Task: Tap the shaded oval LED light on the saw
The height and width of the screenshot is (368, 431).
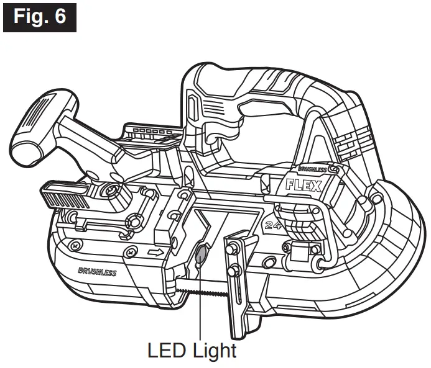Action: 201,254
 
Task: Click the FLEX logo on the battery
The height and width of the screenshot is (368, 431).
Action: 302,186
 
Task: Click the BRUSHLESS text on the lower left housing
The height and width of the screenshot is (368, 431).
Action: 98,272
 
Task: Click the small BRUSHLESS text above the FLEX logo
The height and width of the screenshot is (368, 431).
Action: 313,169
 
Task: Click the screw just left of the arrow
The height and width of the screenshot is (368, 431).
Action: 131,251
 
